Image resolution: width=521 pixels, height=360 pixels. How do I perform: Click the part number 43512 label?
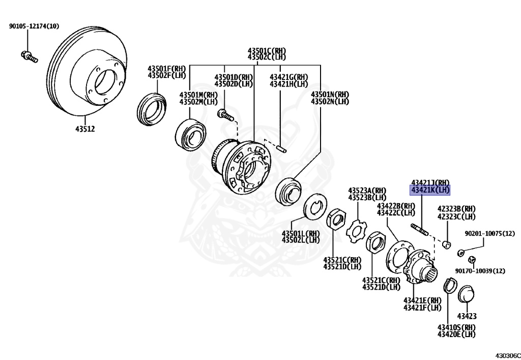(85, 129)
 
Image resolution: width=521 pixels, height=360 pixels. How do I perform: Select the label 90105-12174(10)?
(34, 26)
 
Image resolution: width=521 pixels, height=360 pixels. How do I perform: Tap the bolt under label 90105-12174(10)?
(29, 57)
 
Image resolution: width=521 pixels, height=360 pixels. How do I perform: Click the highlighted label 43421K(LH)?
(430, 190)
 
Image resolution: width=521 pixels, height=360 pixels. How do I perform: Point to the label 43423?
(467, 316)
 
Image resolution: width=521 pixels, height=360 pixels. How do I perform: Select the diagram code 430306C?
(508, 355)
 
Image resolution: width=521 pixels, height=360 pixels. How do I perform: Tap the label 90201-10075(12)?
(490, 234)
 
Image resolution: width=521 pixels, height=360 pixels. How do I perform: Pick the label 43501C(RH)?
(267, 51)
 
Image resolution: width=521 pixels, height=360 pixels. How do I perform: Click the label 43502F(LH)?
(166, 75)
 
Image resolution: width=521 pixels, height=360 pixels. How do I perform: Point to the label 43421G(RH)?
(289, 77)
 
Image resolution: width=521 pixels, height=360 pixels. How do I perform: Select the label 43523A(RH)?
(367, 190)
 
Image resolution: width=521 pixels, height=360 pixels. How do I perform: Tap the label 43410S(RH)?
(456, 327)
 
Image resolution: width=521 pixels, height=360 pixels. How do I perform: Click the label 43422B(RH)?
(396, 206)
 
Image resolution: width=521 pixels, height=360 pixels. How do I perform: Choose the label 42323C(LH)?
(456, 217)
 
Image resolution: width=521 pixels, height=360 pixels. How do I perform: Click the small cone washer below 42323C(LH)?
(447, 245)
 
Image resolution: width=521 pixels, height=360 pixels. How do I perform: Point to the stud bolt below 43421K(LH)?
(420, 229)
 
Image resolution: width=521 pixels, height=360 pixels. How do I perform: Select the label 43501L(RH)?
(301, 233)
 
